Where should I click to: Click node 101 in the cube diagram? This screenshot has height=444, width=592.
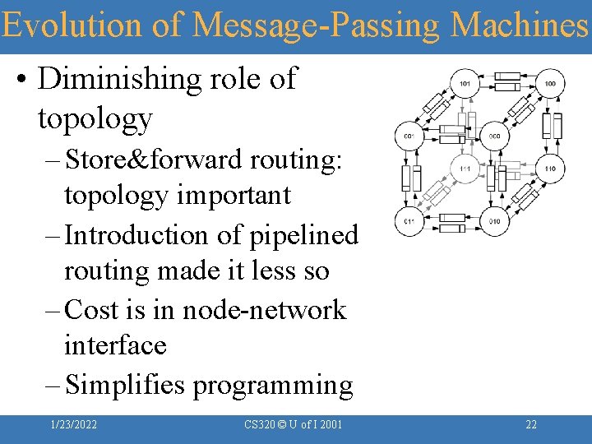[465, 84]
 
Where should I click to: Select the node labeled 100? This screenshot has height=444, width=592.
[550, 84]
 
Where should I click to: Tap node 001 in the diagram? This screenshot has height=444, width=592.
[409, 136]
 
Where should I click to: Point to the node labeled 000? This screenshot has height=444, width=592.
[494, 136]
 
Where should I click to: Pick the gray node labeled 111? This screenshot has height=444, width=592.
[465, 169]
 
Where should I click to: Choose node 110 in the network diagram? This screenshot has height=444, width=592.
[550, 169]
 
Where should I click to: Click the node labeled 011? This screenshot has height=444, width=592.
[409, 221]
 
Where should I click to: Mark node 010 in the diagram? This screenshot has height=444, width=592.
[494, 221]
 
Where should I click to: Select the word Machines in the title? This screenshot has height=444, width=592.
[520, 25]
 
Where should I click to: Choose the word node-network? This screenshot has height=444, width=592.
[264, 310]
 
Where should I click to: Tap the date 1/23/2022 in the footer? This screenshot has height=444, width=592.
[73, 424]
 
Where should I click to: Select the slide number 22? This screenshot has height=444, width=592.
[531, 424]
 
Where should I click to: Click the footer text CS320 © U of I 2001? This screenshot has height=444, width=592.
[294, 424]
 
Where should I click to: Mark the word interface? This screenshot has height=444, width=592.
[115, 345]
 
